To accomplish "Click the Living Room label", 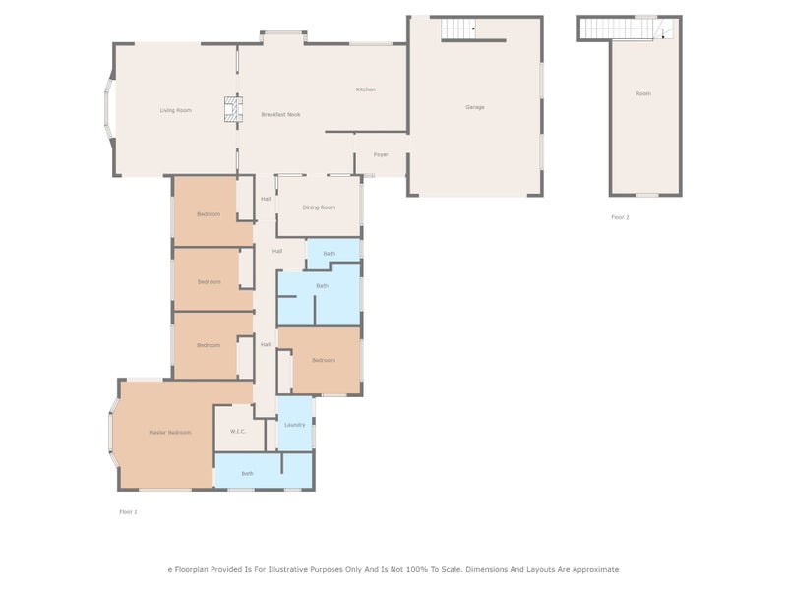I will pos(175,110).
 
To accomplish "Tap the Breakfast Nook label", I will pos(280,115).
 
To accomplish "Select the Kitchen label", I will pos(365,89).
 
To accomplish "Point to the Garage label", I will pos(475,107).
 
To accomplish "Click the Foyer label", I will pos(380,154).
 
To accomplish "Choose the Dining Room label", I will pos(319,207).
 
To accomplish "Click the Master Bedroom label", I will pos(169,433).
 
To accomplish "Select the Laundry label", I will pos(295,425).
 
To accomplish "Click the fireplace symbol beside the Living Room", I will pos(231,109).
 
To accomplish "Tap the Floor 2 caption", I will pos(620,217).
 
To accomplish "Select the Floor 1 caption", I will pos(128,512).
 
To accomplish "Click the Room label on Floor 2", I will pos(643,94).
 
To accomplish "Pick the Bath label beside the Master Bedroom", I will pos(247,474).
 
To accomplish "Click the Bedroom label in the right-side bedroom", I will pos(324,360).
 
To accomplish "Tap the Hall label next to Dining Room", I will pos(266,200).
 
